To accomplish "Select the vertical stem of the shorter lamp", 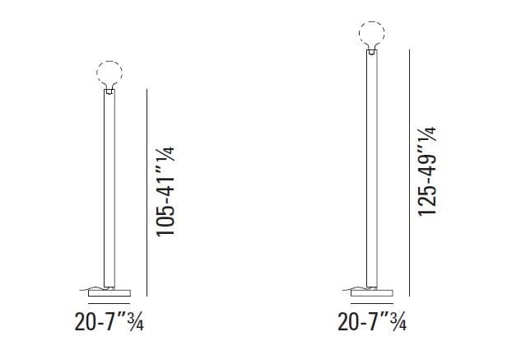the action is click(x=109, y=189).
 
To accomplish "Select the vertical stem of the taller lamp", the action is click(x=372, y=169).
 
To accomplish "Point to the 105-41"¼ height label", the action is click(x=165, y=191).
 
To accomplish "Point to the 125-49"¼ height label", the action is click(x=426, y=171).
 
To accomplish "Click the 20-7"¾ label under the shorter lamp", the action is click(x=109, y=322).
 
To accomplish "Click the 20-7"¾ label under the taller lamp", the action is click(x=372, y=322).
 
